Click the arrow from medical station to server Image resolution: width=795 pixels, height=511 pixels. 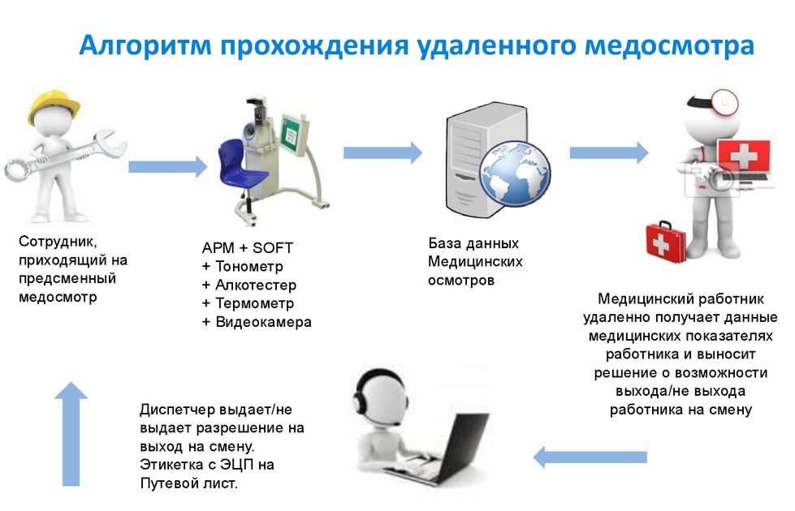point(382,152)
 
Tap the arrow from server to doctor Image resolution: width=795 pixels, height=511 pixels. point(608,152)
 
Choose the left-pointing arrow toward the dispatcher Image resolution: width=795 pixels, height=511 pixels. point(590,457)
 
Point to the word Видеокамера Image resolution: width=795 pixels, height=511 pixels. point(263,322)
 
